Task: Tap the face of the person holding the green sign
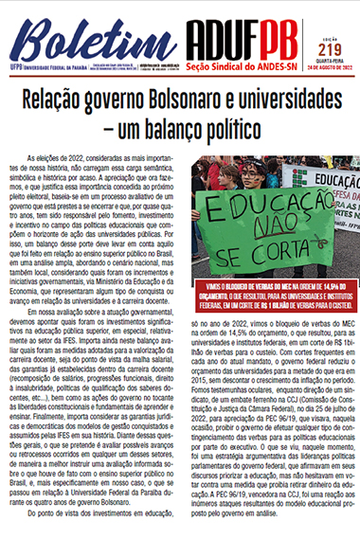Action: coord(256,174)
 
